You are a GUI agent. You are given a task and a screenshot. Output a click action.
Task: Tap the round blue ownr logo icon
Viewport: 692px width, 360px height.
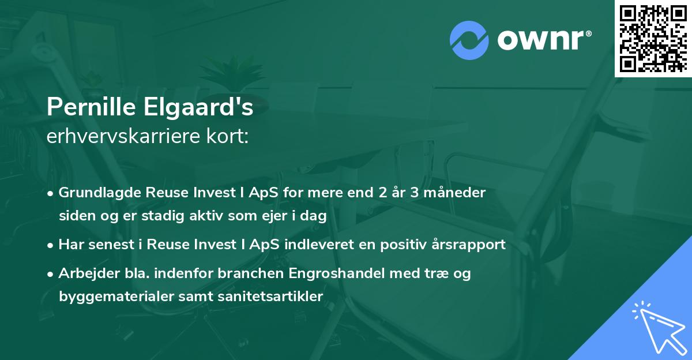[x=469, y=40]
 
